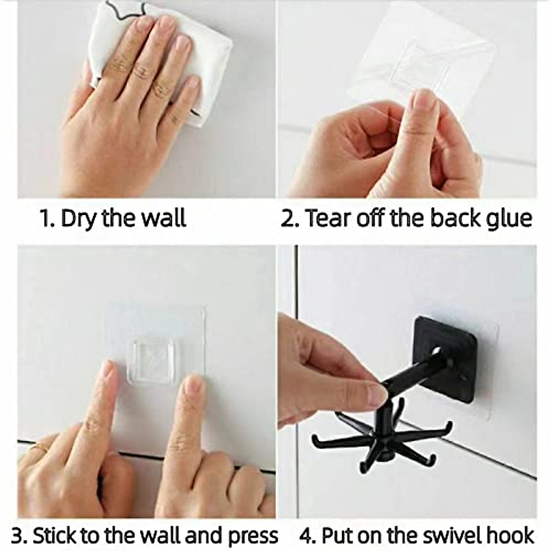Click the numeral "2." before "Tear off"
[x=290, y=218]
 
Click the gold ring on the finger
[x=40, y=447]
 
